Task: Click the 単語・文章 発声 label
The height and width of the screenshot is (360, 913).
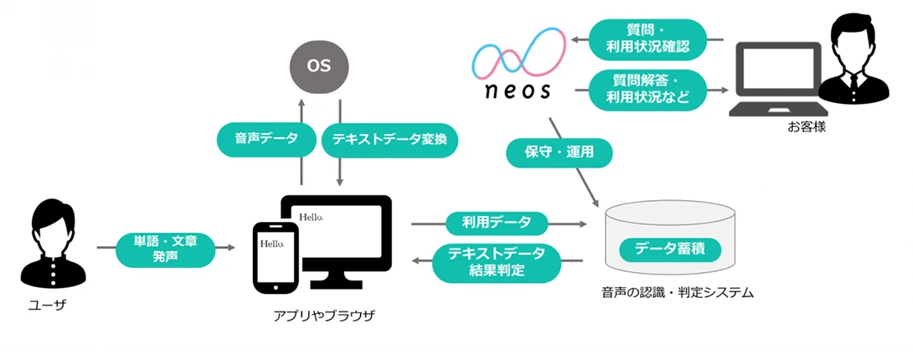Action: [165, 248]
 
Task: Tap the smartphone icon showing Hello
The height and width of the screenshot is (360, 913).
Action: [272, 255]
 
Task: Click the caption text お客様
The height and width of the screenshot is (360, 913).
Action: [807, 127]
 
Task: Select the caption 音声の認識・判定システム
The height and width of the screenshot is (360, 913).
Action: [678, 292]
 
